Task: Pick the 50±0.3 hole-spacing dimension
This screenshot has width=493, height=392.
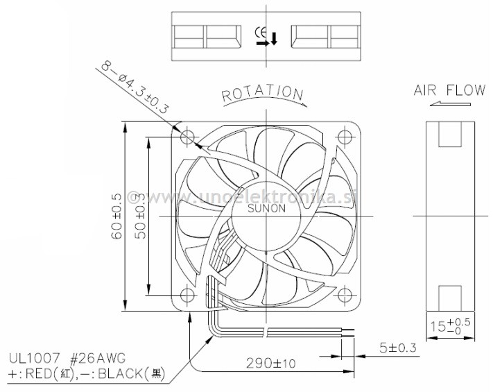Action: click(x=141, y=216)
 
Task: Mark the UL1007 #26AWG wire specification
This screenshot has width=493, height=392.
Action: click(x=67, y=359)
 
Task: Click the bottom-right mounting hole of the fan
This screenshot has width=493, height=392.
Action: click(x=345, y=294)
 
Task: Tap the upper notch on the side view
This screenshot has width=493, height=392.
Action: click(x=449, y=135)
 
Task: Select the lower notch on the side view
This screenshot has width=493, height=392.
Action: click(x=449, y=296)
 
